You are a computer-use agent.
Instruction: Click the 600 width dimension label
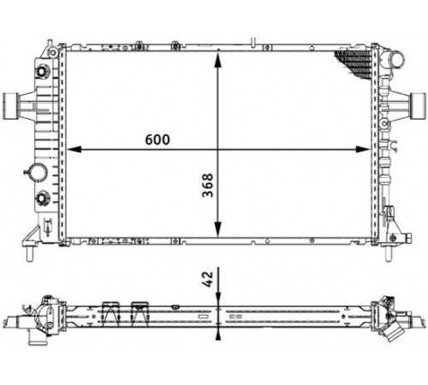coord(158,139)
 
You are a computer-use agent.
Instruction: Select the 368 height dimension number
coord(208,185)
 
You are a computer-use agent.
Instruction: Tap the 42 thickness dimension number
coord(208,279)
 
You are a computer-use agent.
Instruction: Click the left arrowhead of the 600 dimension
coord(74,149)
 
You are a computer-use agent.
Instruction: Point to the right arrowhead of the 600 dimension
coord(363,149)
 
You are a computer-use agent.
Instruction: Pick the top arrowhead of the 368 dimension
coord(217,61)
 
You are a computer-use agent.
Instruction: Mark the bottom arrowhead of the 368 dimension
coord(217,229)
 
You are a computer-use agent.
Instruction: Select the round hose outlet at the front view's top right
coord(397,60)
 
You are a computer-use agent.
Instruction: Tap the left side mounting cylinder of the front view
coord(10,106)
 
